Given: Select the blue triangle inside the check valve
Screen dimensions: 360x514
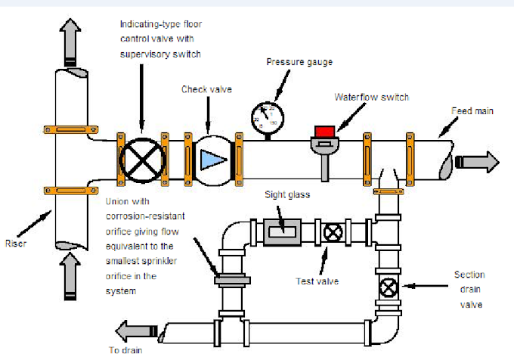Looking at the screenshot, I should [209, 158].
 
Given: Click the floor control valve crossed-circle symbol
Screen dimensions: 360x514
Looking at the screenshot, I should [142, 158].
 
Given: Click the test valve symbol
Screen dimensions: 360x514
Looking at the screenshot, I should [331, 231].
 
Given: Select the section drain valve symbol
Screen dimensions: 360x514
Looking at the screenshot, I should [389, 287].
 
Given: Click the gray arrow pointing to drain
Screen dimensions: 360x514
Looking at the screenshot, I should [137, 330].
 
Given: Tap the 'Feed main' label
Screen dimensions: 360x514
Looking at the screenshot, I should [472, 111].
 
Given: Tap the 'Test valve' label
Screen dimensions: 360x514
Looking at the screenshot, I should [317, 281].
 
